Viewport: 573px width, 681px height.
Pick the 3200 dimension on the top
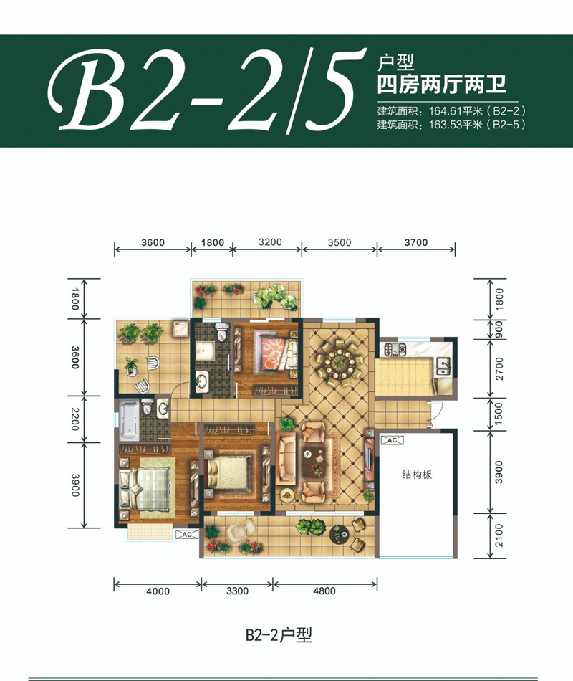267,242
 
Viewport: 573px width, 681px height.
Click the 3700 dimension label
415,242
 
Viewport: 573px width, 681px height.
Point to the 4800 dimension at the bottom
324,591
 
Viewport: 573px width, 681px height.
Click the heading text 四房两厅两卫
441,87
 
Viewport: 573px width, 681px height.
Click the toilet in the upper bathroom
222,333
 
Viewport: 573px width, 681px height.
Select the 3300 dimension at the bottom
237,591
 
